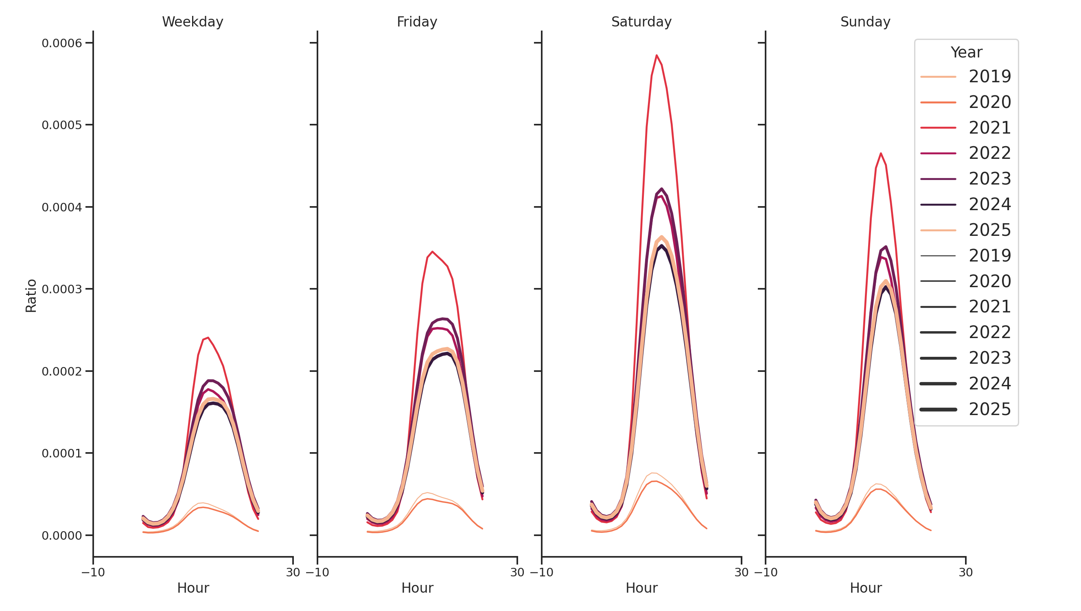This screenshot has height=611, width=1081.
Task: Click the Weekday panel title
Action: click(193, 22)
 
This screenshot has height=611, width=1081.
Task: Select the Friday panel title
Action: click(417, 22)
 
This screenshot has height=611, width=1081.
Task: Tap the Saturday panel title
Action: click(641, 22)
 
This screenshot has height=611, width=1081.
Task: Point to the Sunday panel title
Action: click(865, 22)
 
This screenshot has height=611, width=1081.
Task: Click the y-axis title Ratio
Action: click(31, 296)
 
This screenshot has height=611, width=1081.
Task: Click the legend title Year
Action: click(966, 53)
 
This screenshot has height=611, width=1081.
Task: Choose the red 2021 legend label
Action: click(989, 127)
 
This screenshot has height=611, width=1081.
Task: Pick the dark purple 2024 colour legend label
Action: click(989, 204)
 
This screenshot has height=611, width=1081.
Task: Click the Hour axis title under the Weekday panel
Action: click(193, 588)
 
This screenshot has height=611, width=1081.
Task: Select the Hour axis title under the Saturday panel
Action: click(641, 588)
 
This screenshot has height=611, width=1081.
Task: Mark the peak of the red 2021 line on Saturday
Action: click(656, 55)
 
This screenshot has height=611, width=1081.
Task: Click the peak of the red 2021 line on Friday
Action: click(432, 252)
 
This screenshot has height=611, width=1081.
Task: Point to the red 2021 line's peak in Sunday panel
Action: click(880, 154)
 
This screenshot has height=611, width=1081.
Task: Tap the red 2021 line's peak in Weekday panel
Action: click(208, 338)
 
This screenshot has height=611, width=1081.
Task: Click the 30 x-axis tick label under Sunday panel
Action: click(965, 572)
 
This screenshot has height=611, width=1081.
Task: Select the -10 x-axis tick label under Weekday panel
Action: click(93, 572)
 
